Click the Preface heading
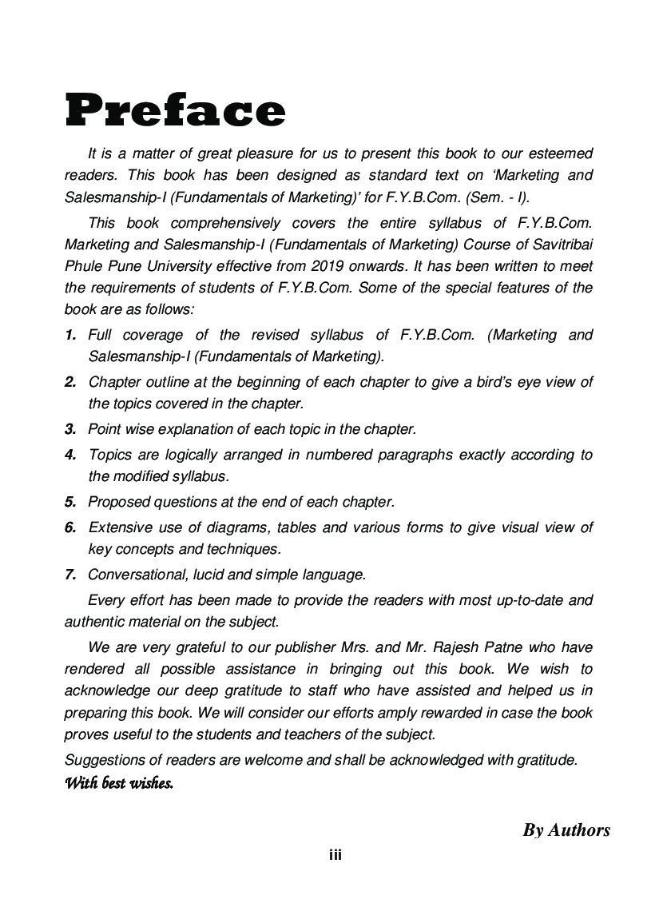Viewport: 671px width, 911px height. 175,110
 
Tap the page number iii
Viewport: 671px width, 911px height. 335,855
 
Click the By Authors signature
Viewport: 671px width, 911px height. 566,830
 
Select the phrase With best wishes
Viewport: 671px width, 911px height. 119,783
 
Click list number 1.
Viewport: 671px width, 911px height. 70,335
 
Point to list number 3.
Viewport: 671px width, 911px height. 70,429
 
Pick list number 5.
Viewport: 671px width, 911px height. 70,502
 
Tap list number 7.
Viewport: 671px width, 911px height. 70,574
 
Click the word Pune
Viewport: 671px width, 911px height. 124,265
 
